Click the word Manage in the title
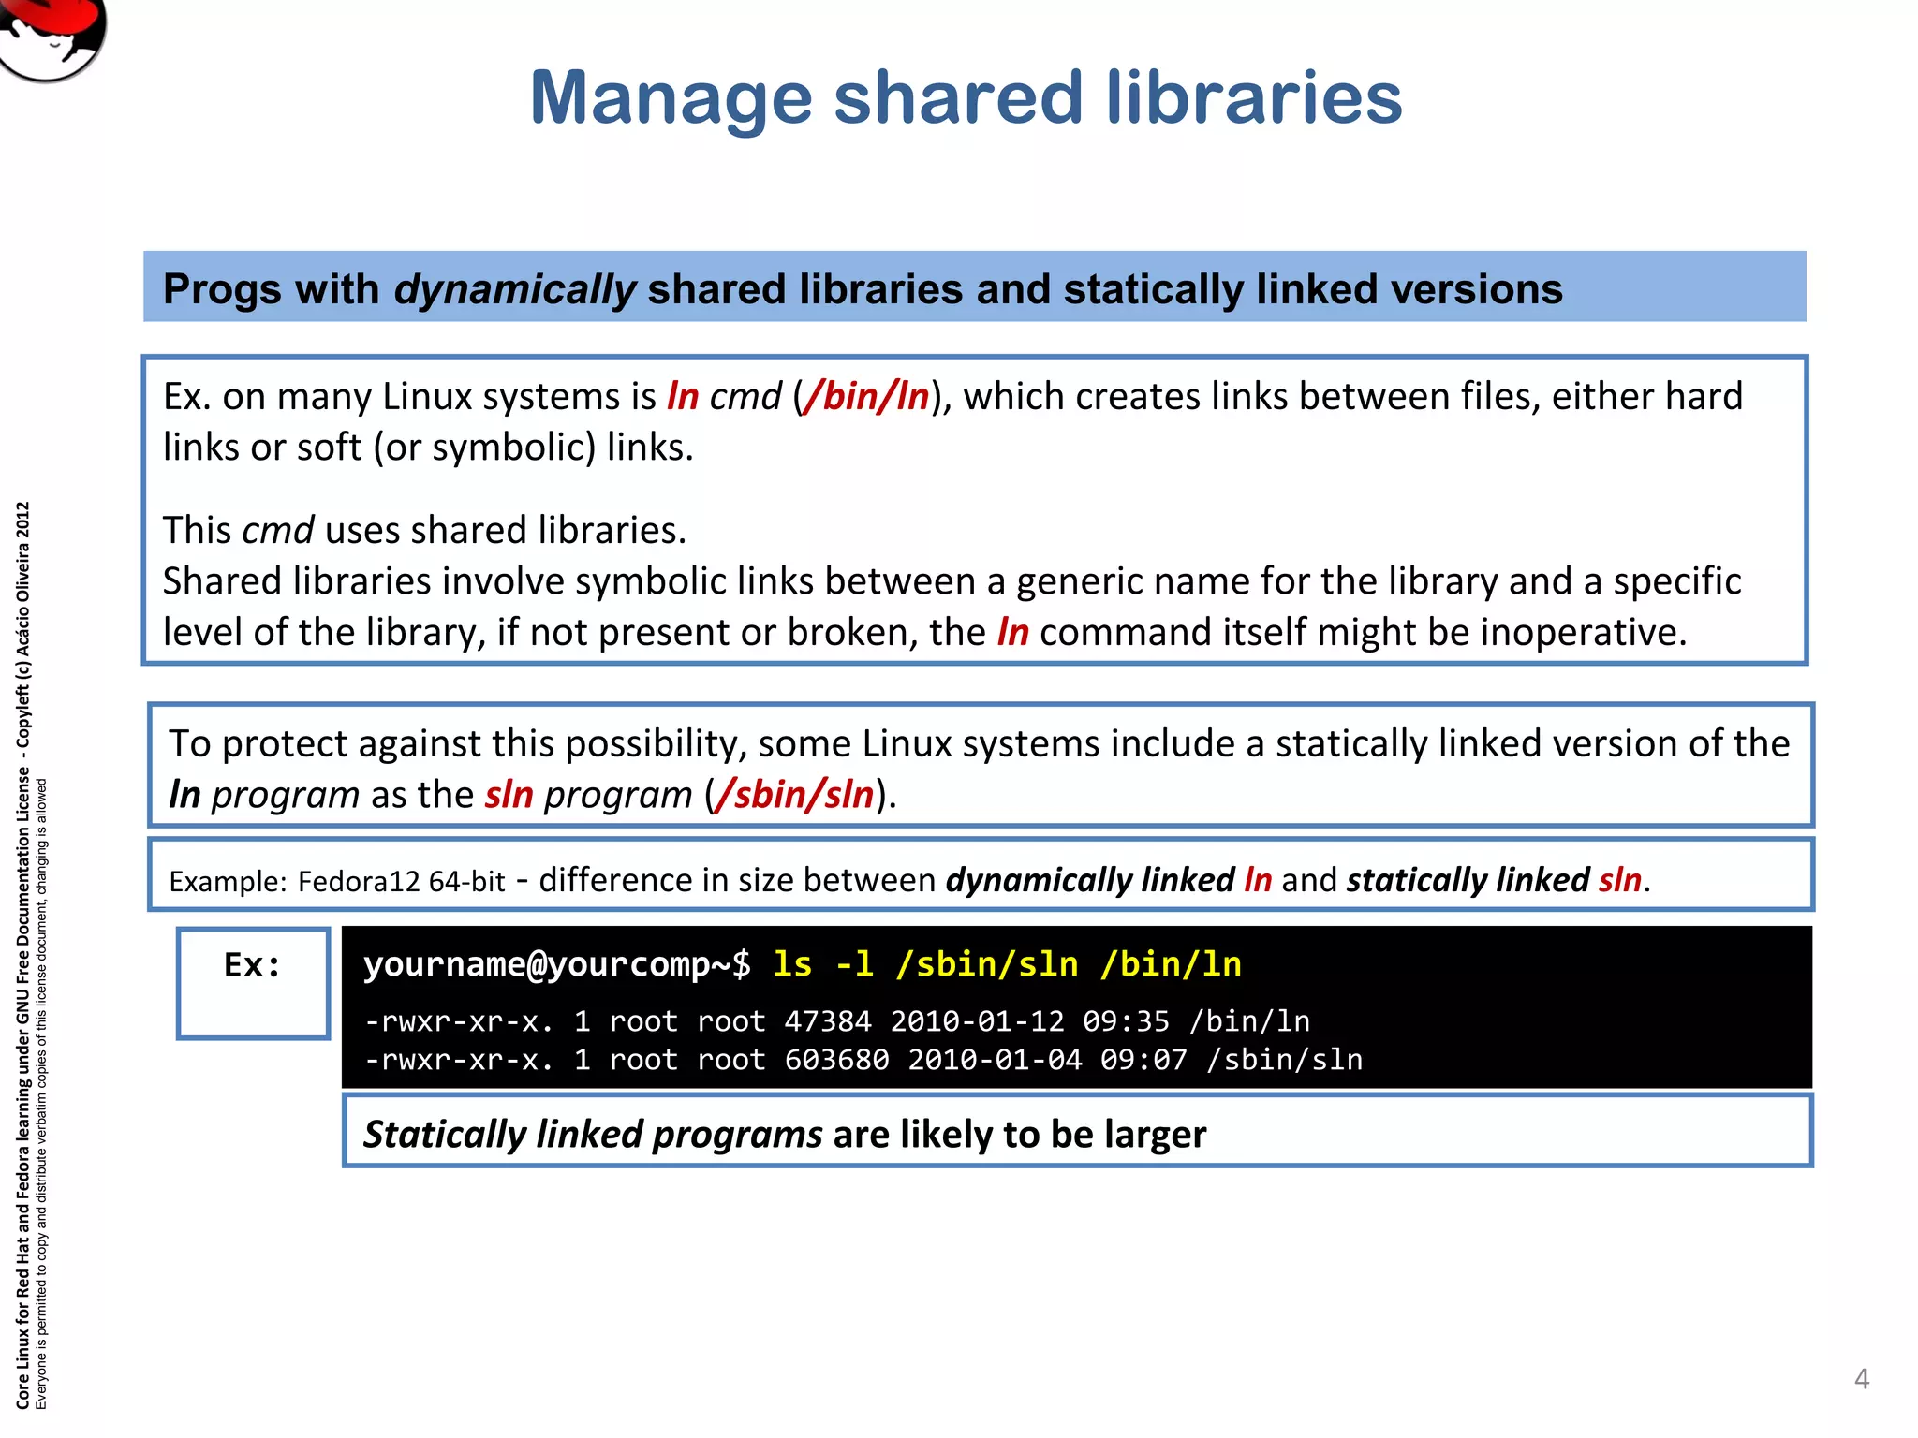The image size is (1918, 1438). pos(671,98)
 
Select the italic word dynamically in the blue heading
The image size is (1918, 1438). pos(514,289)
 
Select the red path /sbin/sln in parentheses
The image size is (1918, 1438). pos(794,795)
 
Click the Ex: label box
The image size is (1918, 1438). pos(253,983)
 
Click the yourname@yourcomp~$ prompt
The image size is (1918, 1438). pos(556,964)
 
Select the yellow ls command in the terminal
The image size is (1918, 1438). pos(792,964)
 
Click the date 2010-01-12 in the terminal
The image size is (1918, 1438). pos(976,1021)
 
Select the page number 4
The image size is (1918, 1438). pos(1862,1379)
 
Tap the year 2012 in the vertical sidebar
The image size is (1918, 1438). pos(23,521)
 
